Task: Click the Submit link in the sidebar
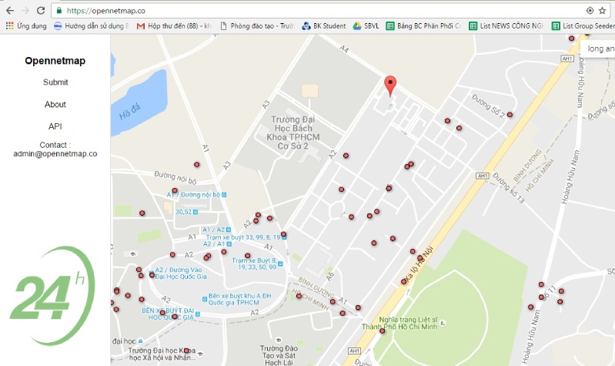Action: pos(55,82)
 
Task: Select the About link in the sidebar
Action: pos(55,104)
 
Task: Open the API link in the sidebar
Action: pos(55,126)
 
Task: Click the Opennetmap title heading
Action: pos(55,61)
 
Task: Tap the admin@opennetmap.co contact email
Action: pos(55,153)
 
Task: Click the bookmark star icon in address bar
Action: pos(602,11)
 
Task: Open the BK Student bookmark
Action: pos(323,25)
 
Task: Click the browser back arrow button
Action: pos(8,11)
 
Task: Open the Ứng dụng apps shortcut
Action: pos(26,25)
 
